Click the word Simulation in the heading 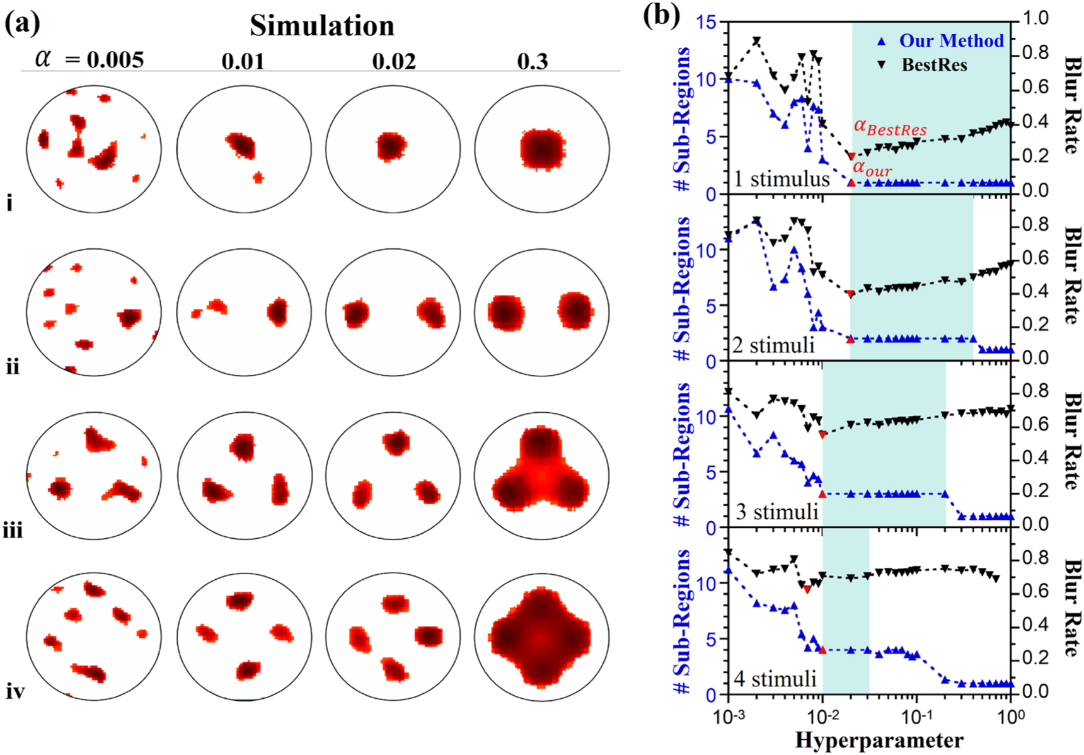point(322,26)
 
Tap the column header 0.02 point(394,61)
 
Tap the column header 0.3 point(533,61)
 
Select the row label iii point(13,531)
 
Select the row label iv point(15,691)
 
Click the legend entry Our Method point(950,41)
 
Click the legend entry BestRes point(934,65)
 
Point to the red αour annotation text point(872,169)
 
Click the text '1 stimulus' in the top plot point(781,179)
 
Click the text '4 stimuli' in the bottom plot point(775,679)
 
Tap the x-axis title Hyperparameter point(879,740)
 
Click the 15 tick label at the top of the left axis point(706,22)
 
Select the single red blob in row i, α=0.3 point(542,149)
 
